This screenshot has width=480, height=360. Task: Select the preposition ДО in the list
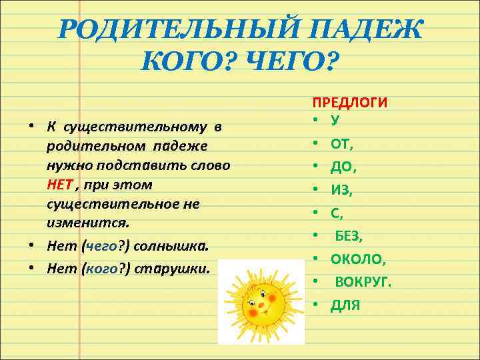point(342,166)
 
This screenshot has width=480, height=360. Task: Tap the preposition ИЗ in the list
point(341,189)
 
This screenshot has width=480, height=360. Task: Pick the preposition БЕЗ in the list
point(349,235)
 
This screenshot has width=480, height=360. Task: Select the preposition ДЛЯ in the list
point(345,305)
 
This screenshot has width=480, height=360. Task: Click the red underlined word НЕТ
point(60,183)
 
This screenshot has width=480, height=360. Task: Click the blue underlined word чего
point(101,245)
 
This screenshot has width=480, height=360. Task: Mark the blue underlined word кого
point(101,269)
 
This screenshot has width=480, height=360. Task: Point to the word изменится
point(88,220)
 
